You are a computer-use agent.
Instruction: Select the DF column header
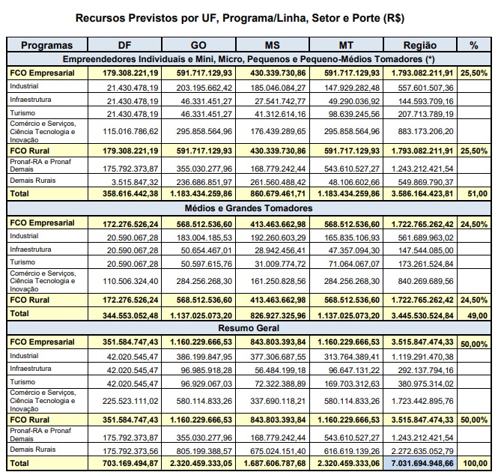(x=124, y=46)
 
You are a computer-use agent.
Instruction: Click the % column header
(x=473, y=46)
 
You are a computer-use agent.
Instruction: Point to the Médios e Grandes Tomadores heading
(x=249, y=208)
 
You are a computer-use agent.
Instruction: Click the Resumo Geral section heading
(x=249, y=328)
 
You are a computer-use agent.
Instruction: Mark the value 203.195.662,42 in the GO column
(x=197, y=87)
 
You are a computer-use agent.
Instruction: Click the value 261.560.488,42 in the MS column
(x=271, y=181)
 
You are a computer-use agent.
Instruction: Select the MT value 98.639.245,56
(x=345, y=114)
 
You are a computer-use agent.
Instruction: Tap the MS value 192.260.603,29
(x=271, y=235)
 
